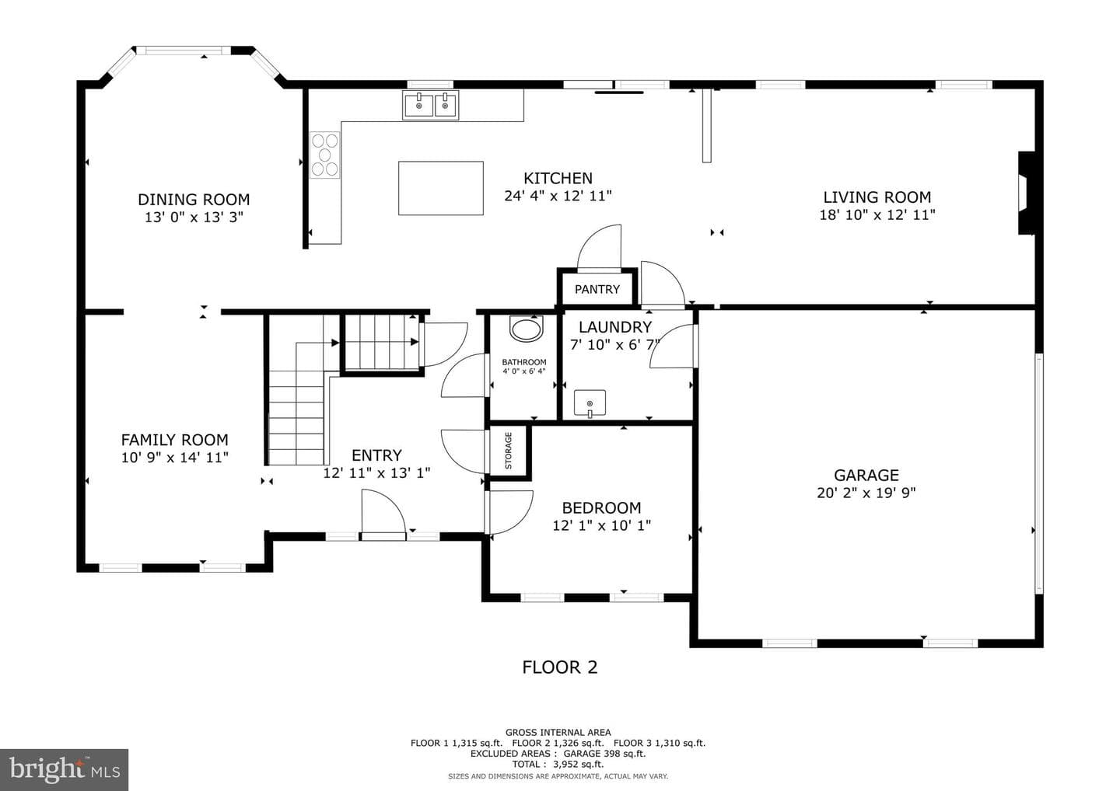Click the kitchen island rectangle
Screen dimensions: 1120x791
click(440, 188)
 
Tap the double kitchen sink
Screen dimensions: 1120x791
click(430, 106)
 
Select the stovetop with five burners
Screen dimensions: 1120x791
click(324, 155)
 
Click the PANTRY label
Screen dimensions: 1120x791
click(597, 289)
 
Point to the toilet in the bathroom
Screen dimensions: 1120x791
click(526, 329)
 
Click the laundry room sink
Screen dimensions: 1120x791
click(590, 403)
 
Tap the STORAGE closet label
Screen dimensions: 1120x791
click(509, 451)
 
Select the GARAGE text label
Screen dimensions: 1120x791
click(866, 475)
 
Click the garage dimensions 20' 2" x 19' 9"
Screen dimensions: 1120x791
click(866, 493)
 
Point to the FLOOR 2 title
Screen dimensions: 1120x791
click(559, 667)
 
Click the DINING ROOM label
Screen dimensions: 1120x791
click(194, 200)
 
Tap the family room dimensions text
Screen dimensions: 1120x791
click(174, 458)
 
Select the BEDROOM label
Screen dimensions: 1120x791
click(601, 508)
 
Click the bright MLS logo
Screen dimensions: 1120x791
click(64, 769)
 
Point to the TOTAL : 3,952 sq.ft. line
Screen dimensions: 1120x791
click(558, 764)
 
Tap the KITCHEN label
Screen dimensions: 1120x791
click(558, 178)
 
